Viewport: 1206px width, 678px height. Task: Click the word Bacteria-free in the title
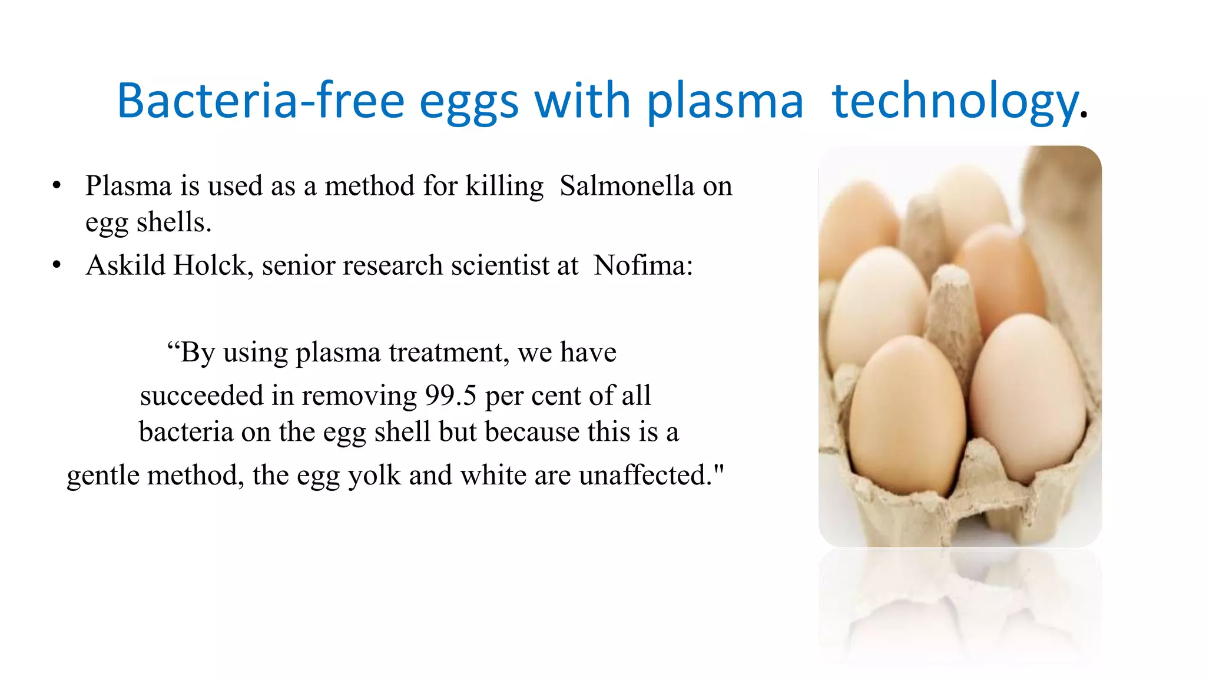click(260, 101)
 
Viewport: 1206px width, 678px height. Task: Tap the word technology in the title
click(954, 102)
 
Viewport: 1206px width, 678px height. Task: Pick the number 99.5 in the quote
click(450, 395)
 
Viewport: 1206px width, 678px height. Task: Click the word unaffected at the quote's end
click(651, 475)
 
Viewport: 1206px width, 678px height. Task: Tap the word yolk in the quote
click(375, 476)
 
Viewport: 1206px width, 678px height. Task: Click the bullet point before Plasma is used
click(57, 186)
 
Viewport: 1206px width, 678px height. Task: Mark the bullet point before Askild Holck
click(57, 265)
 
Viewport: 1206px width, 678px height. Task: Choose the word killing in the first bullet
click(505, 187)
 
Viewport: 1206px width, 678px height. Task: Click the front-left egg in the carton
click(907, 412)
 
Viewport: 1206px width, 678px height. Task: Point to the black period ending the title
click(1084, 115)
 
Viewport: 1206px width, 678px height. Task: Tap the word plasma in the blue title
click(725, 102)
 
